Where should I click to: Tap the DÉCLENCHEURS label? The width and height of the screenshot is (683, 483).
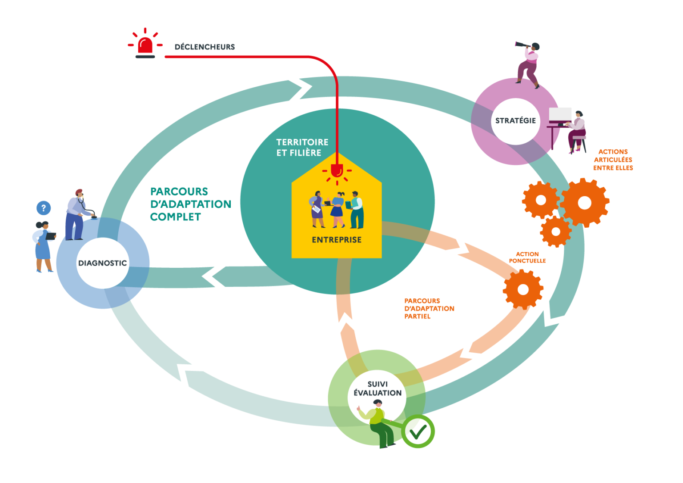point(205,47)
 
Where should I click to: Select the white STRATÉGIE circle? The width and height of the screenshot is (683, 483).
point(515,121)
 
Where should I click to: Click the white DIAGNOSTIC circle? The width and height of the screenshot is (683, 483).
point(103,263)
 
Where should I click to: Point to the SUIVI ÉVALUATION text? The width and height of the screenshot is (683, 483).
point(378,389)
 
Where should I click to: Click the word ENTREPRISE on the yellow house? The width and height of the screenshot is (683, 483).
point(337,240)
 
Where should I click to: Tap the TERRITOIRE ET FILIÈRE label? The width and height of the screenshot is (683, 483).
point(302,147)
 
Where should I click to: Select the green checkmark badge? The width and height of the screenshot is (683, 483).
point(418,431)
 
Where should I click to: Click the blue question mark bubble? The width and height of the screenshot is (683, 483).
point(43,208)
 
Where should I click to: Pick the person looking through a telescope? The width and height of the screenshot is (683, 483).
point(528,62)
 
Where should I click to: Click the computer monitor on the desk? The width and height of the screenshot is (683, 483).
point(560,115)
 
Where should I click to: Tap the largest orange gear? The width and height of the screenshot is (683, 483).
point(584,203)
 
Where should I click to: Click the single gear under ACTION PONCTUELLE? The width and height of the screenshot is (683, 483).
point(523,290)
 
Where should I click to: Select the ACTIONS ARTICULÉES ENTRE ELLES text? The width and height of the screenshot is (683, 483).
point(613,160)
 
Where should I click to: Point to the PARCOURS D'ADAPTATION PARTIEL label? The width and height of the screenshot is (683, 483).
point(429,309)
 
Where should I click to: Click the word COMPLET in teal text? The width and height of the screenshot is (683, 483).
point(175,217)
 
